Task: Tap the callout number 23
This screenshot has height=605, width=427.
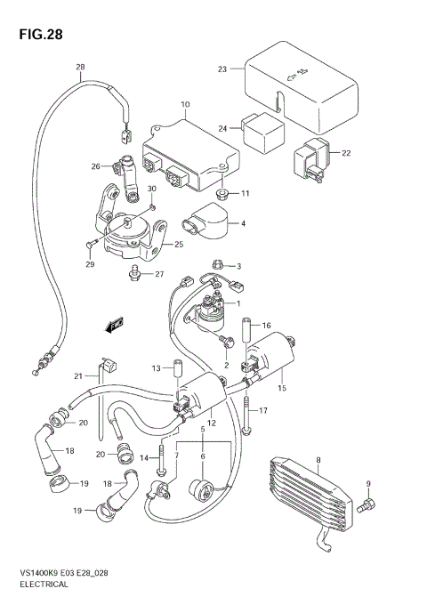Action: coord(222,69)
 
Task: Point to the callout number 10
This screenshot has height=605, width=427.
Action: coord(185,105)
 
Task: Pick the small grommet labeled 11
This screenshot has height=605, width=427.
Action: coord(223,193)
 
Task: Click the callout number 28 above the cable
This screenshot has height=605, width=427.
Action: coord(80,69)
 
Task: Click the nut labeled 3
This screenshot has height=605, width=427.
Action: coord(218,265)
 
